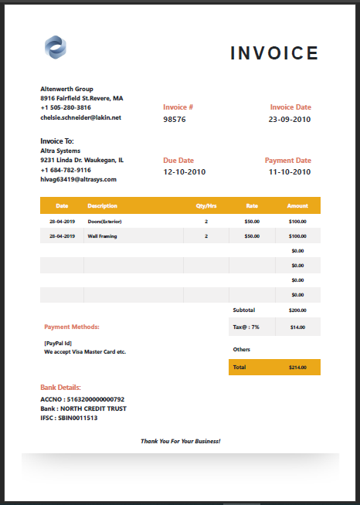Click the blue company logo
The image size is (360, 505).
(x=56, y=47)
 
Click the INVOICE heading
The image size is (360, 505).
(x=274, y=53)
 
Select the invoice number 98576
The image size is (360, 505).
(x=175, y=120)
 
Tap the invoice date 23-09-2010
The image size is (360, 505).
(x=290, y=120)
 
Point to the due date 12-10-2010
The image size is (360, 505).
(x=185, y=172)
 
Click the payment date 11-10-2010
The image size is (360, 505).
(x=290, y=172)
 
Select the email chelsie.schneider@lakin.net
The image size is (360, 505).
(x=81, y=117)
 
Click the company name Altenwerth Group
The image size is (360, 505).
(x=66, y=89)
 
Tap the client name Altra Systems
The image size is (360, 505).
(x=60, y=151)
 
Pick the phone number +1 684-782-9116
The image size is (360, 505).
(x=66, y=170)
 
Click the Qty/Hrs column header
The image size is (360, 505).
(x=206, y=206)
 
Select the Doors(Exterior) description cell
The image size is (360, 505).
(x=105, y=222)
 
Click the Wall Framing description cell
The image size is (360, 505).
(x=103, y=236)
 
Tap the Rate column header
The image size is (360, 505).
(x=252, y=206)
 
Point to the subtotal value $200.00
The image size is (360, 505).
(x=297, y=310)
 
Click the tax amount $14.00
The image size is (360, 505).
(x=297, y=327)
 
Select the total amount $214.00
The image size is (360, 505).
(x=297, y=367)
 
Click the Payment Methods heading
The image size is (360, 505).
(x=72, y=327)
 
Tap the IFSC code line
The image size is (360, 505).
(x=69, y=418)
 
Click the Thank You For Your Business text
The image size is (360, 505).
(x=181, y=441)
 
